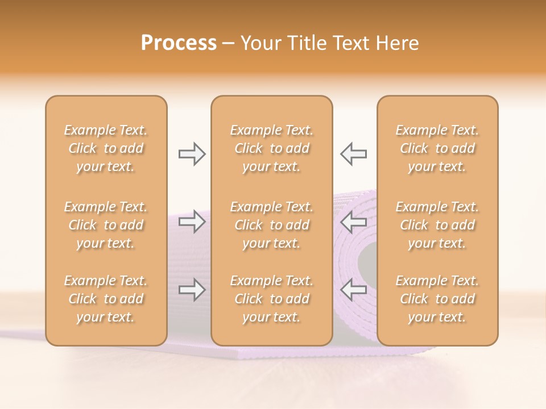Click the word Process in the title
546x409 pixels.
point(179,43)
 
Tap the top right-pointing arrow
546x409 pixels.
point(192,154)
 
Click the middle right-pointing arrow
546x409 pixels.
point(192,222)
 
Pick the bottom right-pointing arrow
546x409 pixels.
point(192,290)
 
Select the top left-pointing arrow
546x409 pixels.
point(354,154)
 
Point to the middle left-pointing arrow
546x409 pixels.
point(354,222)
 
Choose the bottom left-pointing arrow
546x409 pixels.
point(354,290)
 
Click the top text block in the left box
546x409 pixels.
point(106,148)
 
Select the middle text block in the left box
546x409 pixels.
point(106,225)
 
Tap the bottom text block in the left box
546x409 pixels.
point(106,299)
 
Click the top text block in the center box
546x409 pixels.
point(272,148)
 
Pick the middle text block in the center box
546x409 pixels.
point(272,225)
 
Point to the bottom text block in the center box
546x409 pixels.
point(272,299)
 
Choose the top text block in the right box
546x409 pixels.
point(437,148)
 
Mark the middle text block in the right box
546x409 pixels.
point(437,225)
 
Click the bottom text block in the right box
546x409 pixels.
point(437,299)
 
